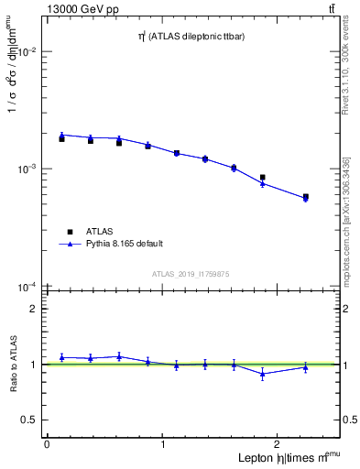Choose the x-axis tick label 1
click(163, 444)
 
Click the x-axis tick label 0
click(47, 444)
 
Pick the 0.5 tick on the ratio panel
click(28, 420)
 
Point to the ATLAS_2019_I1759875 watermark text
click(191, 274)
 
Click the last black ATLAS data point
click(305, 197)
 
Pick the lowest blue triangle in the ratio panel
click(263, 374)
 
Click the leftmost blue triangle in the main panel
click(61, 135)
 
